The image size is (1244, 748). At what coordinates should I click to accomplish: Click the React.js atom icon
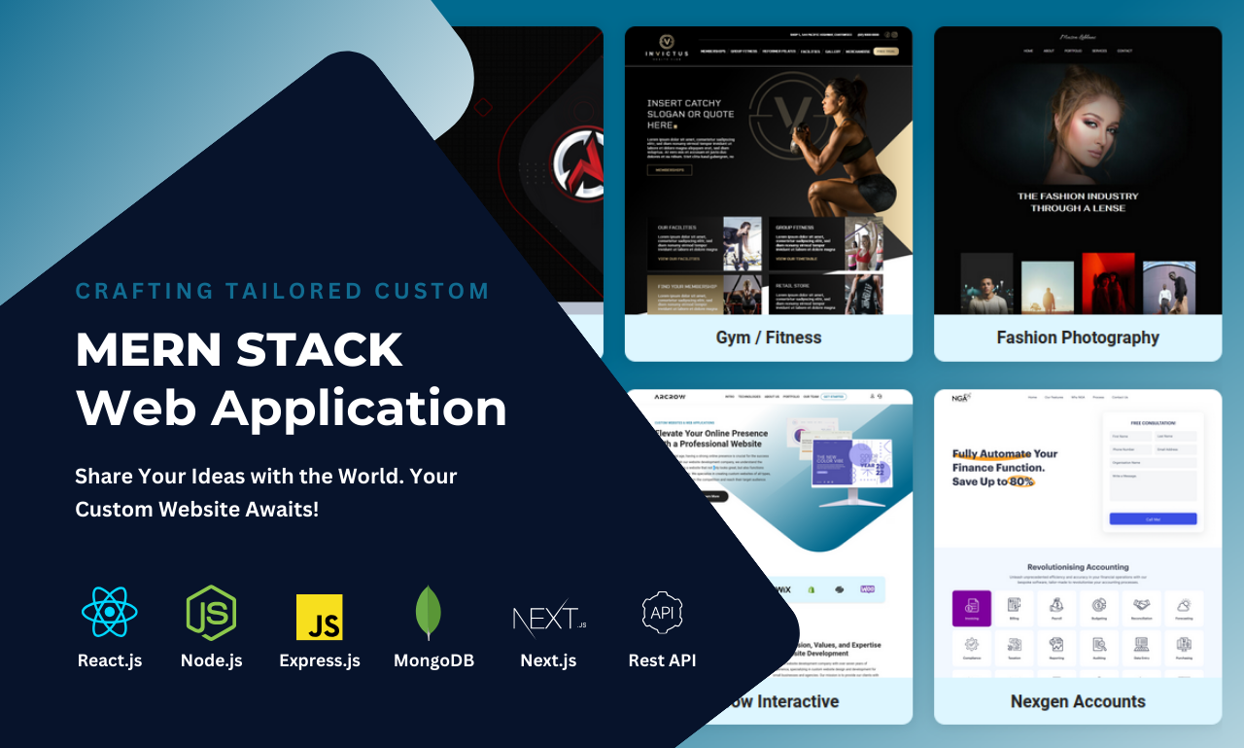(110, 612)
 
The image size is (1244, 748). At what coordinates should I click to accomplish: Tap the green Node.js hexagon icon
(211, 613)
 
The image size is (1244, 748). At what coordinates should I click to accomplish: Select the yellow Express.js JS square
(319, 617)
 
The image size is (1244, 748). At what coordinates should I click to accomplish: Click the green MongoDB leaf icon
(428, 613)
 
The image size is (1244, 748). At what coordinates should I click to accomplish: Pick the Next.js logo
(549, 618)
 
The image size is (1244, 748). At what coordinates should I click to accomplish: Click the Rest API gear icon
(662, 613)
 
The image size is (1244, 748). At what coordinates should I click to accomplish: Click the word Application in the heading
(360, 408)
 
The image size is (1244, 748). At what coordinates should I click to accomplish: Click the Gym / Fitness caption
(768, 338)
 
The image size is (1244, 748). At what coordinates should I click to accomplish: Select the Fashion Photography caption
(1077, 338)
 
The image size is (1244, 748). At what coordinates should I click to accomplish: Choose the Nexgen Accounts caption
(1077, 701)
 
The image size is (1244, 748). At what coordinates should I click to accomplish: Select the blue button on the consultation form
(1153, 519)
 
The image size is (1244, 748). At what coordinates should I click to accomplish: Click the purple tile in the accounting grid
(971, 608)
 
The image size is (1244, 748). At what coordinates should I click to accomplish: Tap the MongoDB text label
(433, 660)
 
